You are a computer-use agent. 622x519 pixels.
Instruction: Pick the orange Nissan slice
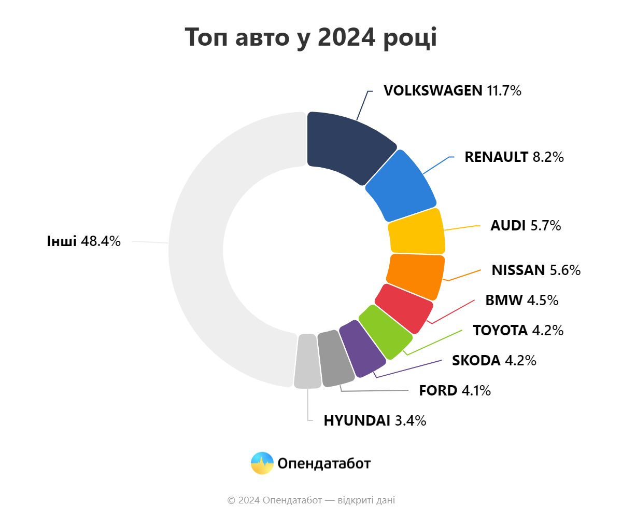click(x=415, y=275)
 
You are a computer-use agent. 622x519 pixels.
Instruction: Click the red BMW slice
click(x=404, y=308)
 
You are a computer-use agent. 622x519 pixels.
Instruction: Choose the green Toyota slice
click(x=385, y=332)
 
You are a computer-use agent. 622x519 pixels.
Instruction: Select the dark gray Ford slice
click(x=334, y=358)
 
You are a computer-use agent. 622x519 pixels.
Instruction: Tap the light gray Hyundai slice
click(x=307, y=361)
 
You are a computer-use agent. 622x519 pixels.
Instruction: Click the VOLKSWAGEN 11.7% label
click(x=452, y=91)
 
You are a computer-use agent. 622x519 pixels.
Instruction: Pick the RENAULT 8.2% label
click(x=514, y=157)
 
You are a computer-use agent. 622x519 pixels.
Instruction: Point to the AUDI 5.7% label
click(x=526, y=226)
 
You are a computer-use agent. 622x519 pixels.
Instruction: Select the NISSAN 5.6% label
click(x=536, y=270)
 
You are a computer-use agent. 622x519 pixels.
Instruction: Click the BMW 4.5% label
click(x=521, y=300)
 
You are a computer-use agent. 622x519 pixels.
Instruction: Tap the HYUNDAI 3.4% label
click(x=375, y=420)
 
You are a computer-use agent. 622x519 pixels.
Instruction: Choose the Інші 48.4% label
click(x=83, y=241)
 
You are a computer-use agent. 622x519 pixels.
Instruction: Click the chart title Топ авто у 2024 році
click(x=311, y=37)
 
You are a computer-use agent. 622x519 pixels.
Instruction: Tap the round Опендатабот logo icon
click(x=262, y=463)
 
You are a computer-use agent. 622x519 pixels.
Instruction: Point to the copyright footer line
click(x=311, y=500)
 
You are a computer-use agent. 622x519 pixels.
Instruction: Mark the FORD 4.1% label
click(x=455, y=390)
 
